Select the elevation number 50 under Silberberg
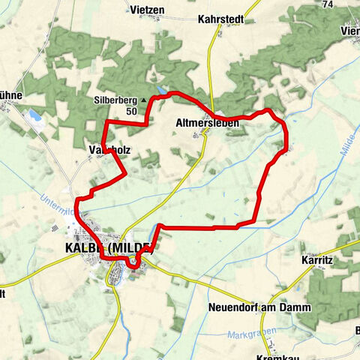(x=132, y=111)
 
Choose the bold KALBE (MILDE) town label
(x=109, y=248)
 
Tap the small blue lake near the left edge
(x=34, y=115)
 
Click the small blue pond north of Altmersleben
(x=163, y=91)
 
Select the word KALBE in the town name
(x=80, y=248)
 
